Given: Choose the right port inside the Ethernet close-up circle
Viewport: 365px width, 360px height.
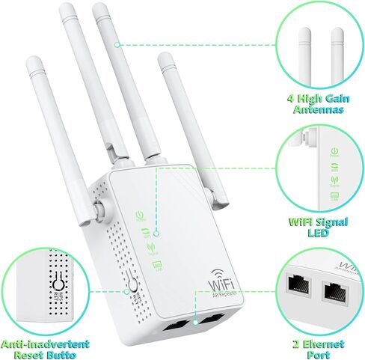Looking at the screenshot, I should (334, 290).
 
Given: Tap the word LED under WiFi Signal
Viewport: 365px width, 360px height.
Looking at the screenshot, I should (320, 232).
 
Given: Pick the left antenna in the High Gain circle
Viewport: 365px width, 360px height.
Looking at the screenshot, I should (304, 45).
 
